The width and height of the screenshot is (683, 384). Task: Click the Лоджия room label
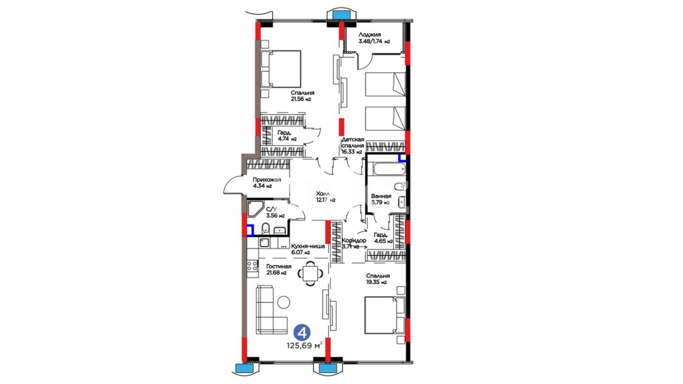click(x=370, y=34)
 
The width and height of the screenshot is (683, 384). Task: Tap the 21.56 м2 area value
click(x=301, y=99)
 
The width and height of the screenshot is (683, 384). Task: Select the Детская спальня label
click(x=353, y=142)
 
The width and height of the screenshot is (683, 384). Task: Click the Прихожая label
click(x=267, y=180)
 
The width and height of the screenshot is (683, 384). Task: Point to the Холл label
click(x=323, y=194)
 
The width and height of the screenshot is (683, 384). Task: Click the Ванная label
click(x=381, y=196)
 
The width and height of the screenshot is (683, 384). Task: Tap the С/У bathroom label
click(x=271, y=209)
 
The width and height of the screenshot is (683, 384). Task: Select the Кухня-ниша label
click(x=308, y=246)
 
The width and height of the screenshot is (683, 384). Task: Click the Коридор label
click(x=354, y=240)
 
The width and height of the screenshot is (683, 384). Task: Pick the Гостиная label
click(x=279, y=266)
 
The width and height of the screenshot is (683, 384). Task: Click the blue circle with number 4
click(x=302, y=333)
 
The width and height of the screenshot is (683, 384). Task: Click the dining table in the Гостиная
click(x=311, y=273)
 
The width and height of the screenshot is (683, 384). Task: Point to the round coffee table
click(x=284, y=302)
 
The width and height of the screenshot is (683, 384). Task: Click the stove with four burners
click(x=253, y=266)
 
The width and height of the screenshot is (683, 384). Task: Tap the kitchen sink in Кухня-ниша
click(x=264, y=242)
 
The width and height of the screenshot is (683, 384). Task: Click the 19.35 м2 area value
click(x=376, y=282)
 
